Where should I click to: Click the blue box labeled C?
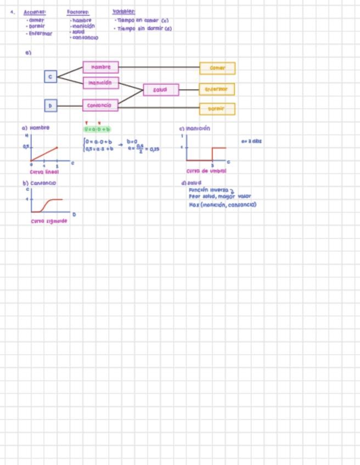click(x=50, y=77)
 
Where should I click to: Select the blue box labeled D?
click(x=50, y=105)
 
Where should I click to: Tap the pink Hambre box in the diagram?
click(x=100, y=67)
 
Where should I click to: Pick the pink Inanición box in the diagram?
click(x=100, y=83)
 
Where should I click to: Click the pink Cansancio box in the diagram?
click(x=100, y=105)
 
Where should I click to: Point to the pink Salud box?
click(x=161, y=89)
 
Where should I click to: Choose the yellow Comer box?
click(x=217, y=68)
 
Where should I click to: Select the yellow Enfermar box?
click(x=217, y=89)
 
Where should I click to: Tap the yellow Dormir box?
click(x=217, y=109)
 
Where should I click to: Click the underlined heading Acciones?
click(x=35, y=12)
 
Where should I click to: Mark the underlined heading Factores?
click(x=78, y=12)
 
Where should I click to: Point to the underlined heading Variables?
click(x=124, y=12)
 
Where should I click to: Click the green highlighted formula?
click(x=97, y=129)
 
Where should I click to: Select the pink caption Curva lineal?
click(x=44, y=172)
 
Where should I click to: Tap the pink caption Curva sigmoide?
click(x=49, y=221)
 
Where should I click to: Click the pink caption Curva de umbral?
click(x=206, y=171)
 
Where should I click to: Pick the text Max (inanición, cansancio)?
click(x=222, y=205)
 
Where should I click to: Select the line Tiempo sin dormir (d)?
click(x=144, y=28)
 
